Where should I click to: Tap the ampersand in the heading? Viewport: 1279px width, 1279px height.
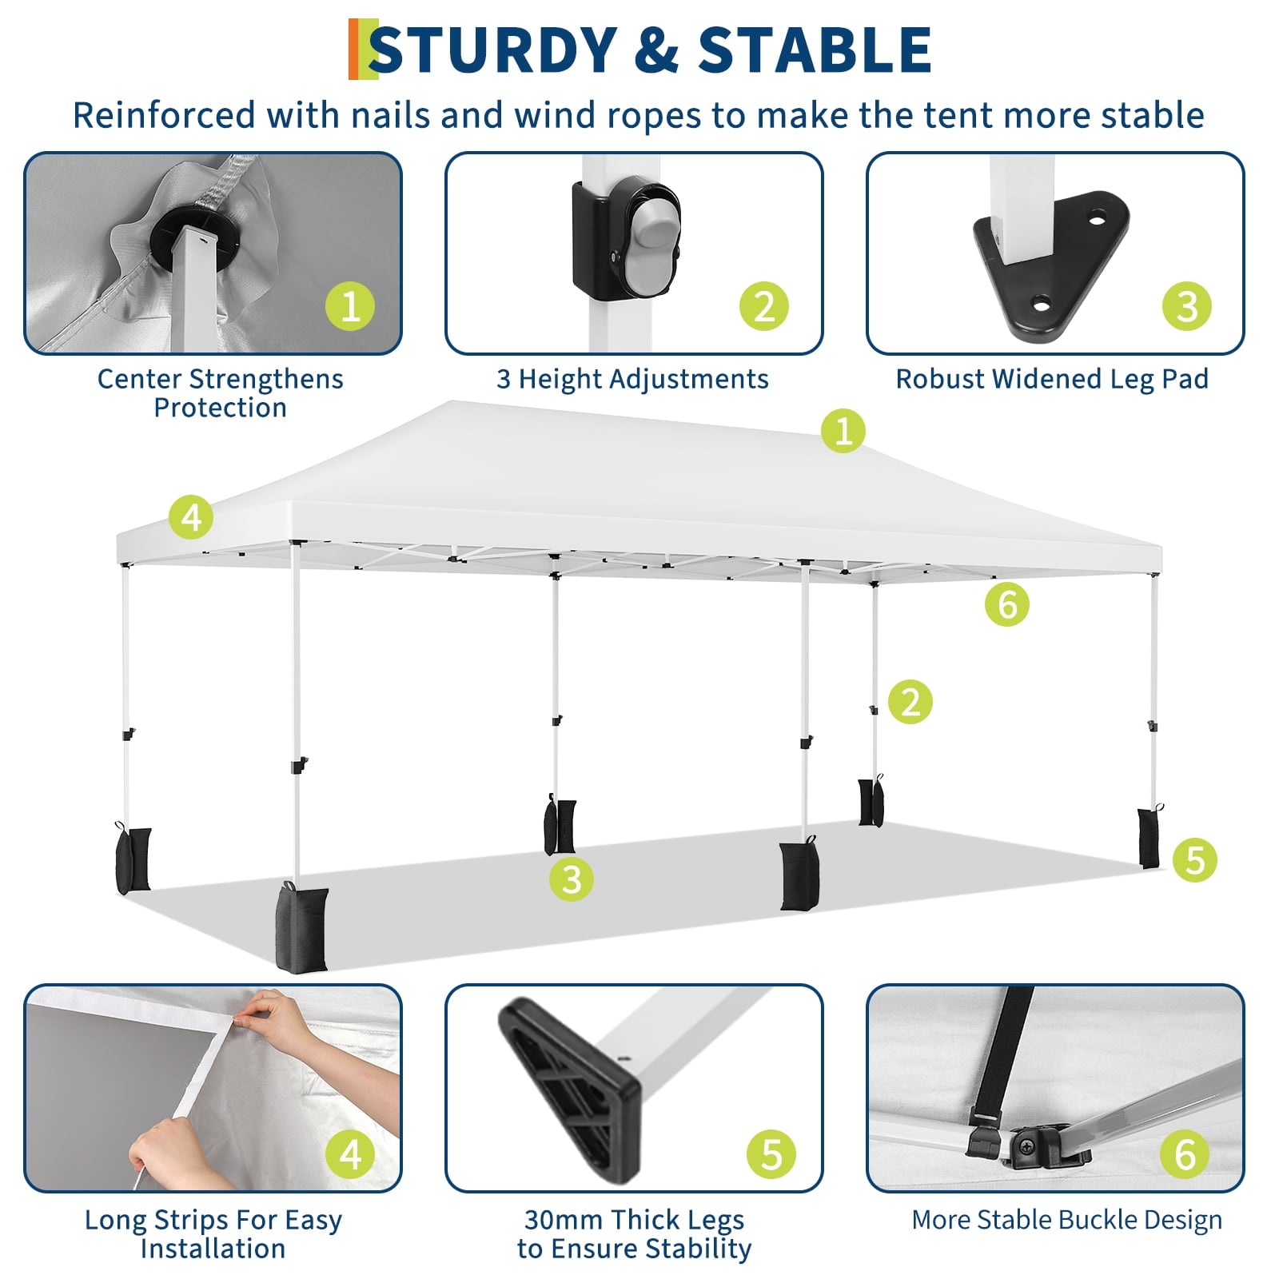(657, 50)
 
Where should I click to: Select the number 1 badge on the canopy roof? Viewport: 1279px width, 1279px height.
(843, 431)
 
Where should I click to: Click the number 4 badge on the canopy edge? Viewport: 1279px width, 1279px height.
(191, 517)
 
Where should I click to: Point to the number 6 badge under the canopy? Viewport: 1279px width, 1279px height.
(1007, 604)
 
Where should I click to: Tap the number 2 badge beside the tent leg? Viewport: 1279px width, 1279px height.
(910, 701)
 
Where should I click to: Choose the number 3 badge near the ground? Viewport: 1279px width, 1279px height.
(572, 879)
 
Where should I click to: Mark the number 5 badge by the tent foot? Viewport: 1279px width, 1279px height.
(1195, 859)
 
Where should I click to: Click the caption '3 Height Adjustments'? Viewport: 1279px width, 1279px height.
(632, 378)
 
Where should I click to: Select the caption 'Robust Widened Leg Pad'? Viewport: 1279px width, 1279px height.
(1052, 378)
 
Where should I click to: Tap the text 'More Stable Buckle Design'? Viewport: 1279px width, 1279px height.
(1067, 1220)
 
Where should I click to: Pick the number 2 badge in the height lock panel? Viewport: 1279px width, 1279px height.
(764, 305)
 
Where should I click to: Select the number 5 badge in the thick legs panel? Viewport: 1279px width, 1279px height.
(771, 1153)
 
